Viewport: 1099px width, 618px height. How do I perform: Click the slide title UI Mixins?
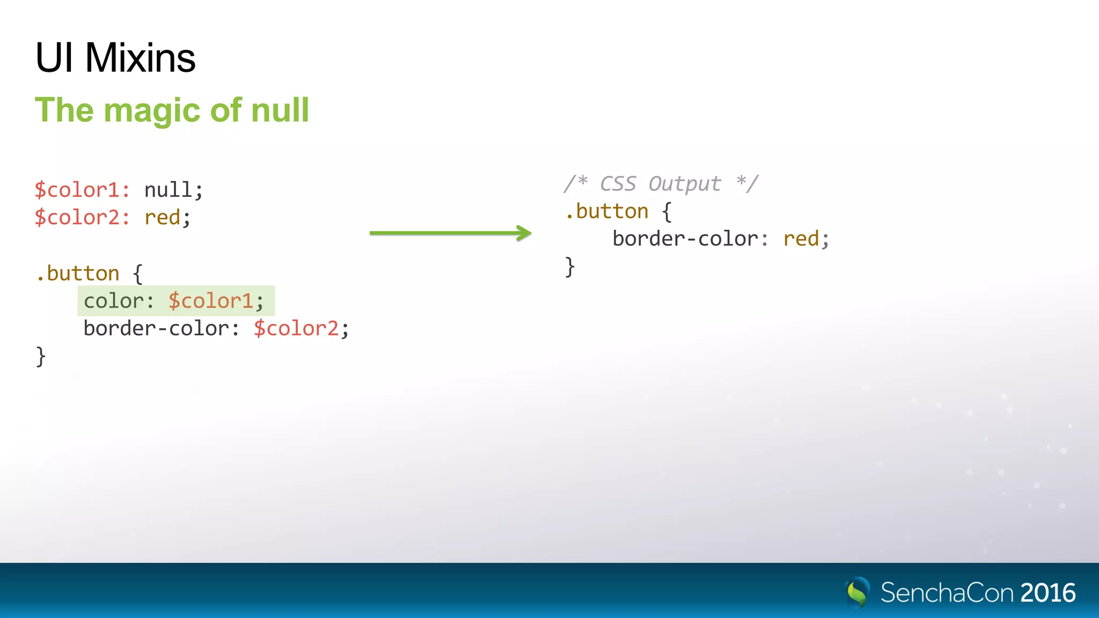(115, 58)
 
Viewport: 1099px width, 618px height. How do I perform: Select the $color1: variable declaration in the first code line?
(82, 190)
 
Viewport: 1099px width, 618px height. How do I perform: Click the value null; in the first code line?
(173, 190)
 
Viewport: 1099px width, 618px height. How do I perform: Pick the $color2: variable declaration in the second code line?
(82, 217)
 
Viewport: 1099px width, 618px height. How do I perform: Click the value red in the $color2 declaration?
(163, 218)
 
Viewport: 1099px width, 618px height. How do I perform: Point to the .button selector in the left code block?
(78, 274)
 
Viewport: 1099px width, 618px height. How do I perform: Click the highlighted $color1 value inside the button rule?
(211, 301)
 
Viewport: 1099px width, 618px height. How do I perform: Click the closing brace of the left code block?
(41, 356)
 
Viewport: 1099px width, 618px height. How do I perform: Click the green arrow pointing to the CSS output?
(450, 233)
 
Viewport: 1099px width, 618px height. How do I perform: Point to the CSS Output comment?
(661, 183)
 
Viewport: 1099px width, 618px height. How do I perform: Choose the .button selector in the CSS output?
(607, 212)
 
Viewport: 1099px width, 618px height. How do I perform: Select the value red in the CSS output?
(801, 239)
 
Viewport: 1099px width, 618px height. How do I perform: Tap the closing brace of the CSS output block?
(570, 267)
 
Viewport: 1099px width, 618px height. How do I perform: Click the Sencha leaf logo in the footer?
(858, 592)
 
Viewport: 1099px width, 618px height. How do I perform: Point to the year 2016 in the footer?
(1048, 593)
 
